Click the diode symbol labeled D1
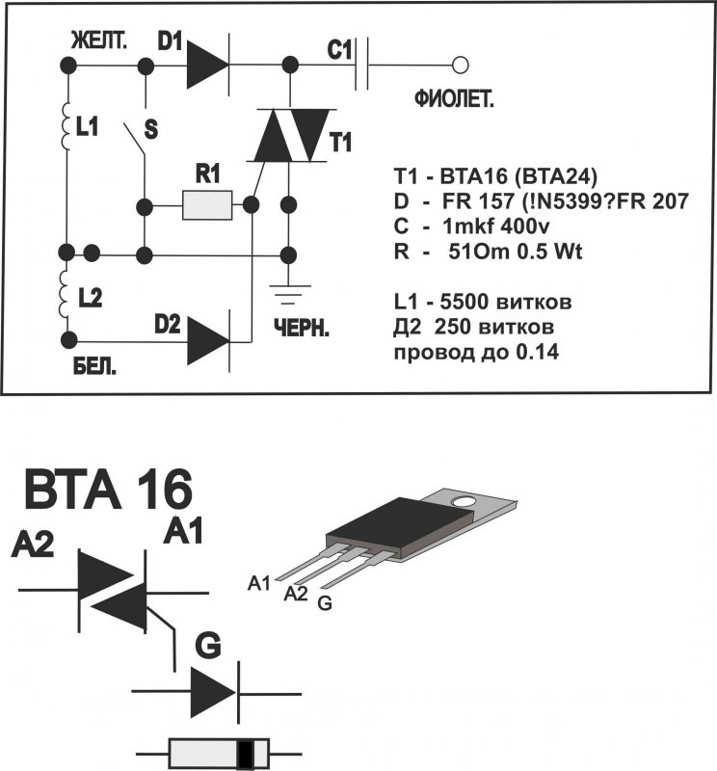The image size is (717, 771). [x=204, y=66]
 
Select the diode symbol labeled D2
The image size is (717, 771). [x=205, y=339]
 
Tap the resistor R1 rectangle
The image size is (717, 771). [x=207, y=204]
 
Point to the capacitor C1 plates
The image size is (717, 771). [x=362, y=66]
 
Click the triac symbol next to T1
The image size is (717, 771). [x=288, y=136]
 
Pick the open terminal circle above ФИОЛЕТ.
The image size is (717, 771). [x=461, y=66]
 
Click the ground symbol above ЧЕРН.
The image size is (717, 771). [x=288, y=293]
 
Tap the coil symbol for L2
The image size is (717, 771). [x=66, y=295]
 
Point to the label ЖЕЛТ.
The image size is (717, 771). [x=96, y=40]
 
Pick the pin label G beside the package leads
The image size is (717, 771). [x=324, y=604]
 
